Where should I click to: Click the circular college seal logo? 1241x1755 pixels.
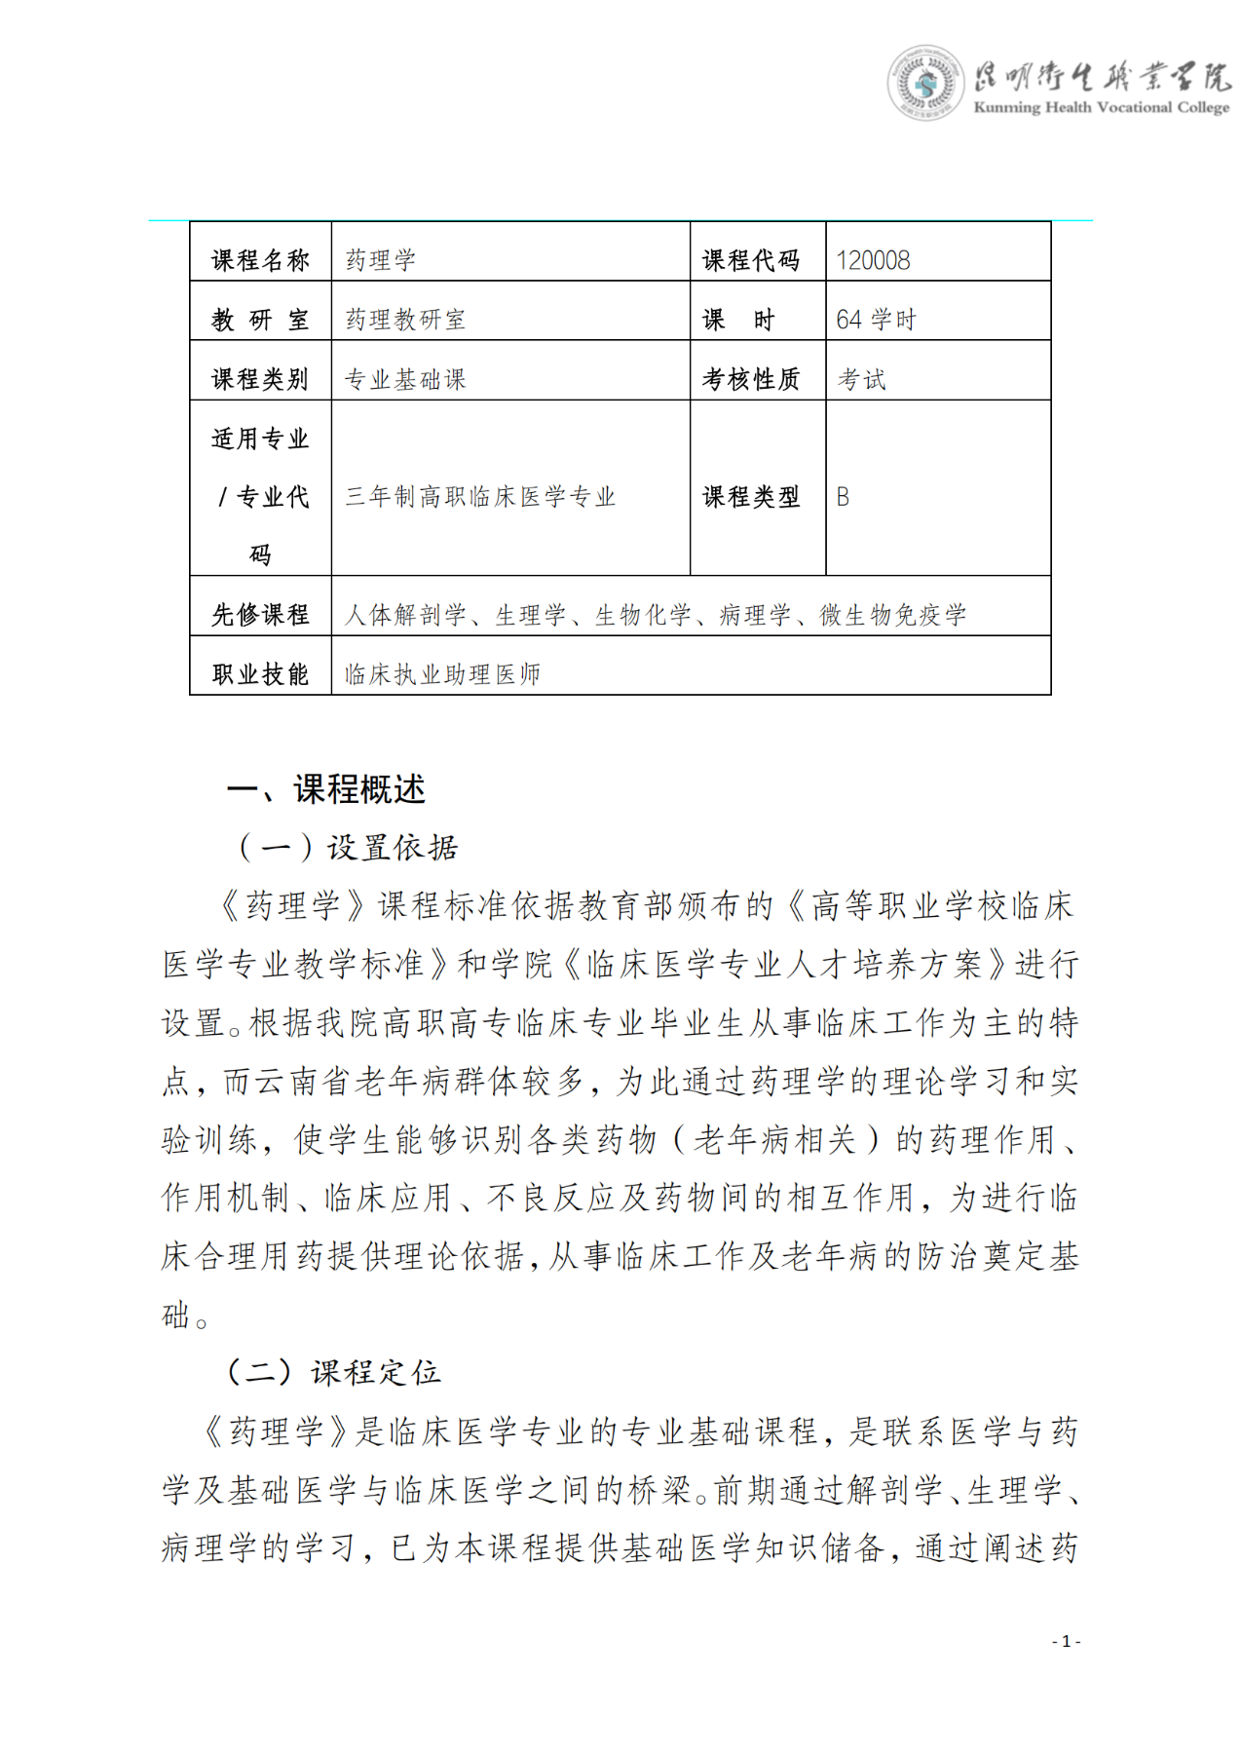click(924, 83)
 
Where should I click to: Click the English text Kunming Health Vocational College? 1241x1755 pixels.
click(1101, 107)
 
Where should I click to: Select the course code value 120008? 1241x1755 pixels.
click(873, 260)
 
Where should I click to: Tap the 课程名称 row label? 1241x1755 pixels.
click(260, 260)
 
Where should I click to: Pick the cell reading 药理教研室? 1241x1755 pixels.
click(405, 320)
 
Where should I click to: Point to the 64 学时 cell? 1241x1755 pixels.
click(876, 320)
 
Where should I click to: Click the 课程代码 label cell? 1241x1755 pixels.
click(751, 260)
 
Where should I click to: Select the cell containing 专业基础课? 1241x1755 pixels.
click(405, 379)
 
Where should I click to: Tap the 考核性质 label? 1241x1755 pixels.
click(751, 379)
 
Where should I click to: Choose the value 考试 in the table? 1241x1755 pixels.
click(862, 379)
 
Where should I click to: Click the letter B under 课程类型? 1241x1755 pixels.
click(843, 497)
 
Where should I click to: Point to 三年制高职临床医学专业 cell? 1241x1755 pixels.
click(480, 497)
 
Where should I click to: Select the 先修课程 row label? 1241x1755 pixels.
click(260, 615)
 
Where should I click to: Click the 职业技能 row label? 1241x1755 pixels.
click(260, 674)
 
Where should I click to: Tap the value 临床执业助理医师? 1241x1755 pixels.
click(442, 674)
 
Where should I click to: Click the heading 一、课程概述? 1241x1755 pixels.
click(326, 789)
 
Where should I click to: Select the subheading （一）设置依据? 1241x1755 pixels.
click(347, 848)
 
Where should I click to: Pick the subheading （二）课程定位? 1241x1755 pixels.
click(333, 1373)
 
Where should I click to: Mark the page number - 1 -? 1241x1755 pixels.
click(1066, 1641)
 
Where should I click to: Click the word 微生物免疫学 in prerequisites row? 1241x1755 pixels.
click(893, 615)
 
